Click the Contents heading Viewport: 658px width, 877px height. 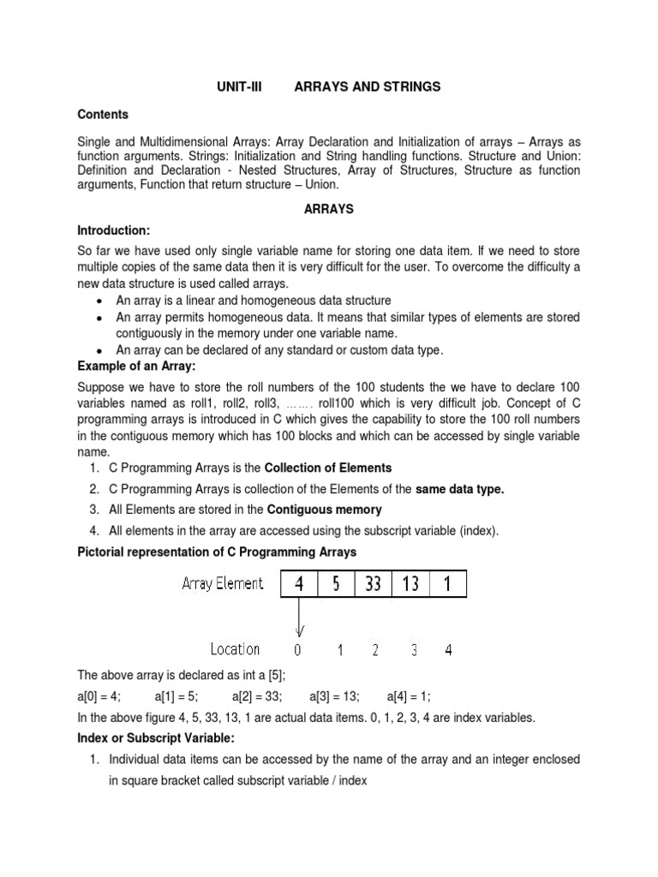click(x=103, y=114)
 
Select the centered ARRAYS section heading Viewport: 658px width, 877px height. click(x=329, y=208)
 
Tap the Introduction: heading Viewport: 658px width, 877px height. click(x=114, y=230)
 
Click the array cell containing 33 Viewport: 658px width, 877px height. click(x=373, y=586)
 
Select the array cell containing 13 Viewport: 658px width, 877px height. click(x=410, y=586)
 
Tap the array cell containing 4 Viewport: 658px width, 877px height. click(x=299, y=586)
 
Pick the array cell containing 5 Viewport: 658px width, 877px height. click(x=336, y=586)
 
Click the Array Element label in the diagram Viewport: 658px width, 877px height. click(x=223, y=584)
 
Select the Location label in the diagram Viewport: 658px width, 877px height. click(x=235, y=649)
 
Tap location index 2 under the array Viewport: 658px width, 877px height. click(x=374, y=650)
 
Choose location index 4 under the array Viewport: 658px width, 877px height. click(x=449, y=650)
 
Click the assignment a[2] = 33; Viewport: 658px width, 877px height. click(x=257, y=696)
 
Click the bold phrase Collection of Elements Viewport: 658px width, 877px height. click(x=327, y=468)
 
